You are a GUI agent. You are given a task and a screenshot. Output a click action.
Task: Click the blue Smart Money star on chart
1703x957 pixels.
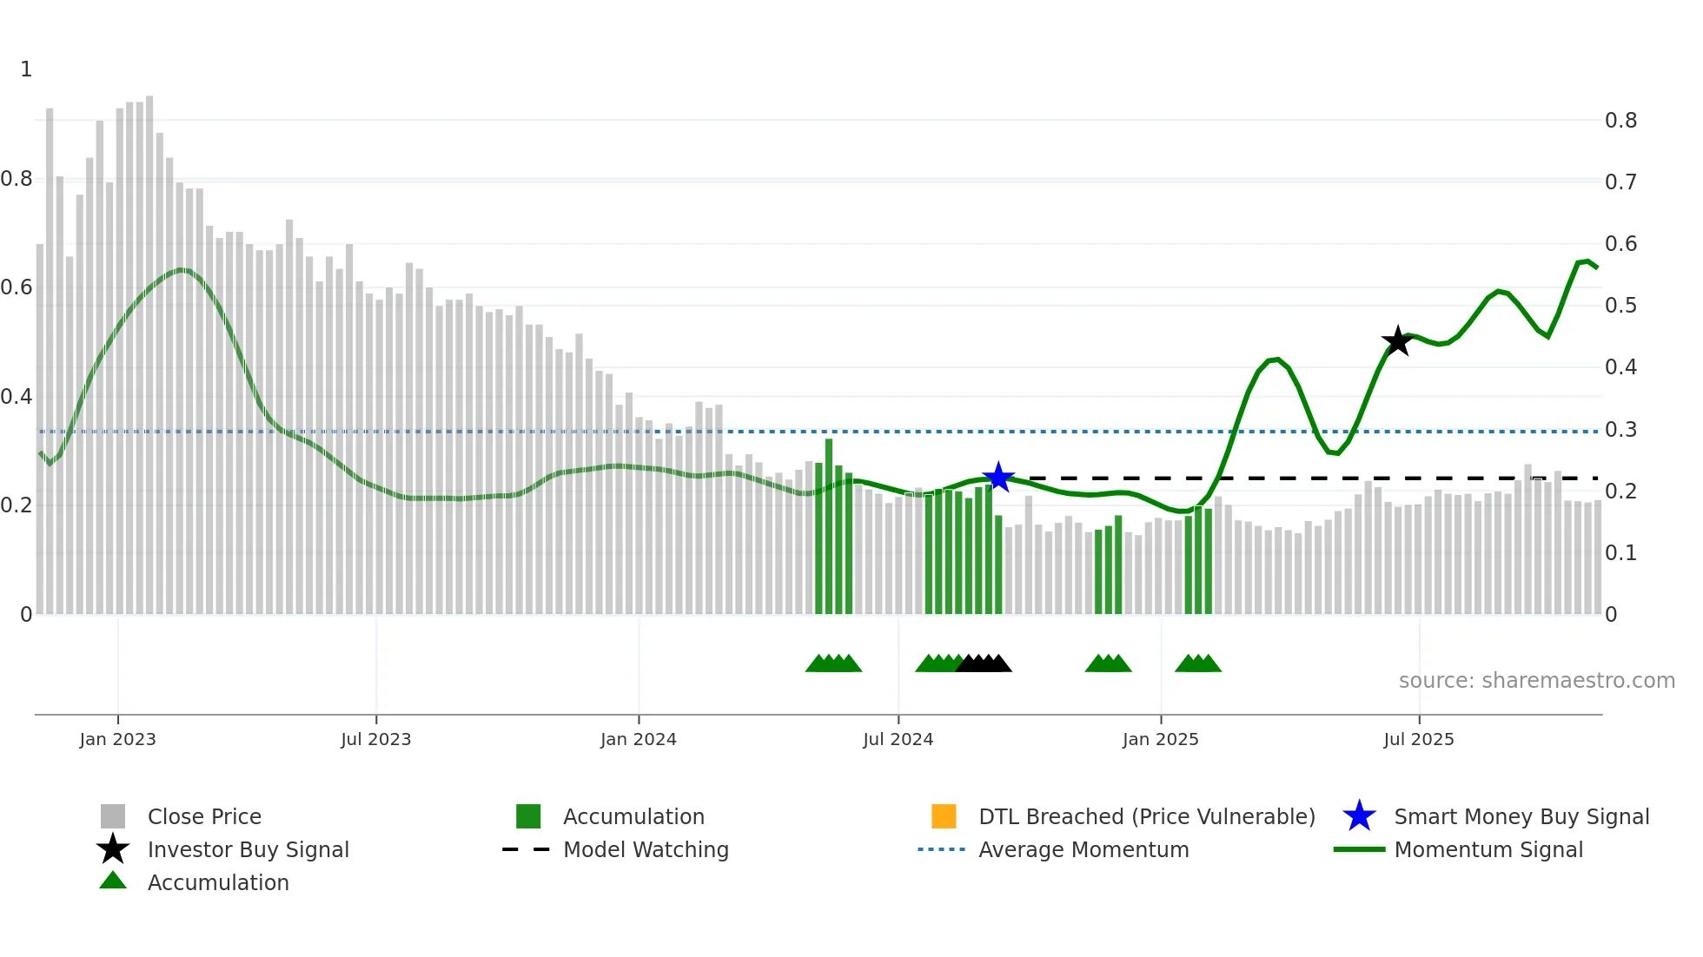tap(998, 477)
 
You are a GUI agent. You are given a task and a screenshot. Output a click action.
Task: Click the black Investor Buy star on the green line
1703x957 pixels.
tap(1397, 341)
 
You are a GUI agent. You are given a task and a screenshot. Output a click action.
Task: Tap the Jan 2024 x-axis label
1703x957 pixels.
tap(638, 739)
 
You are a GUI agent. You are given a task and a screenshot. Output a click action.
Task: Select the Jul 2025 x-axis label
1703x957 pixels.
tap(1418, 739)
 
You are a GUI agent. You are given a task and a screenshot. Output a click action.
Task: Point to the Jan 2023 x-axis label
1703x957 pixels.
tap(117, 739)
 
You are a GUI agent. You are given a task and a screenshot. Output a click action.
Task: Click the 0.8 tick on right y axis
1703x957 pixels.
tap(1620, 121)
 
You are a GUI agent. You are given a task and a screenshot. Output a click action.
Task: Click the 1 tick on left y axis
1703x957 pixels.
tap(26, 69)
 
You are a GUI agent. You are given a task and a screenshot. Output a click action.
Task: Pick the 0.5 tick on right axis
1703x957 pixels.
tap(1620, 306)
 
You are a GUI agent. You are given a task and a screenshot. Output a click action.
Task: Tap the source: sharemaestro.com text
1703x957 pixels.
tap(1536, 681)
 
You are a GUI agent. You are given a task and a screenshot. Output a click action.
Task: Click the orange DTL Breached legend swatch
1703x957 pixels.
tap(944, 816)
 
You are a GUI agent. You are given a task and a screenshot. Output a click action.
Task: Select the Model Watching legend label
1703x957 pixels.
tap(646, 849)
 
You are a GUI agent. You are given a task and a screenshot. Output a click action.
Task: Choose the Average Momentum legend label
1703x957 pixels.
tap(1083, 849)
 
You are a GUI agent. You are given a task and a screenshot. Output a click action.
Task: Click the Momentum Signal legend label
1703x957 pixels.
tap(1488, 849)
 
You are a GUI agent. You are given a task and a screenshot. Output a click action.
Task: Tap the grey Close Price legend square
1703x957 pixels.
tap(113, 816)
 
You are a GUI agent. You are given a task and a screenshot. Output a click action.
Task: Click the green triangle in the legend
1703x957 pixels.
tap(113, 881)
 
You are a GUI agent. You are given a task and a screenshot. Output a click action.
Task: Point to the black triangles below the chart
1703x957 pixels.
tap(984, 663)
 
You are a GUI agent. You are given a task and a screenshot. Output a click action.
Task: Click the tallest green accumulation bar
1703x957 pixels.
tap(829, 526)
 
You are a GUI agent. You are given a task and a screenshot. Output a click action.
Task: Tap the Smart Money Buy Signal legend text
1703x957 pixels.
tap(1521, 816)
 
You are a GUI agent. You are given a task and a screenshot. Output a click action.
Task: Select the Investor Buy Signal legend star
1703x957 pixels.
tap(113, 849)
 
